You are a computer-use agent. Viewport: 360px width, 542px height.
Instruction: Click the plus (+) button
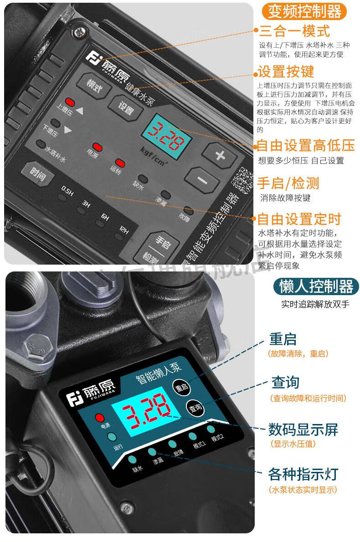[220, 155]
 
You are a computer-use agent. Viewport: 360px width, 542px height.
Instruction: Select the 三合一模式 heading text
[294, 31]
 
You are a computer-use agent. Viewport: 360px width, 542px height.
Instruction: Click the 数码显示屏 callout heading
[303, 430]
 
